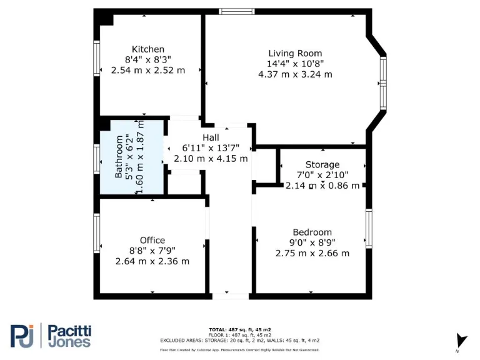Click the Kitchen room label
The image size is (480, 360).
(148, 49)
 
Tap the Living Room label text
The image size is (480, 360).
(295, 53)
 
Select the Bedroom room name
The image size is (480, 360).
(312, 232)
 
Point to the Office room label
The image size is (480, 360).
(152, 240)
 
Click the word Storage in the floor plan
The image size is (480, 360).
(322, 165)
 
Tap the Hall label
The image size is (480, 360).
(211, 137)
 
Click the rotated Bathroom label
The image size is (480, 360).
(119, 157)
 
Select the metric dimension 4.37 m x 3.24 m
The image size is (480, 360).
(295, 74)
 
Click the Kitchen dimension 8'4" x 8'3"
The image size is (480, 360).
(148, 60)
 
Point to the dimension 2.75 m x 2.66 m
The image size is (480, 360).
(312, 253)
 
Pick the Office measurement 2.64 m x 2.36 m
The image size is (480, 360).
(152, 261)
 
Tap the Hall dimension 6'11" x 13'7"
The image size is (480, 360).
(211, 148)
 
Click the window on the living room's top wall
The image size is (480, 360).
(237, 11)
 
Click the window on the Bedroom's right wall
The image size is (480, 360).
(369, 229)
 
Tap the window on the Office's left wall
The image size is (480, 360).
(97, 233)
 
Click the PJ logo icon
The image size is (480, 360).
(22, 336)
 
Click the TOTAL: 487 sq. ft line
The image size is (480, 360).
(239, 329)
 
